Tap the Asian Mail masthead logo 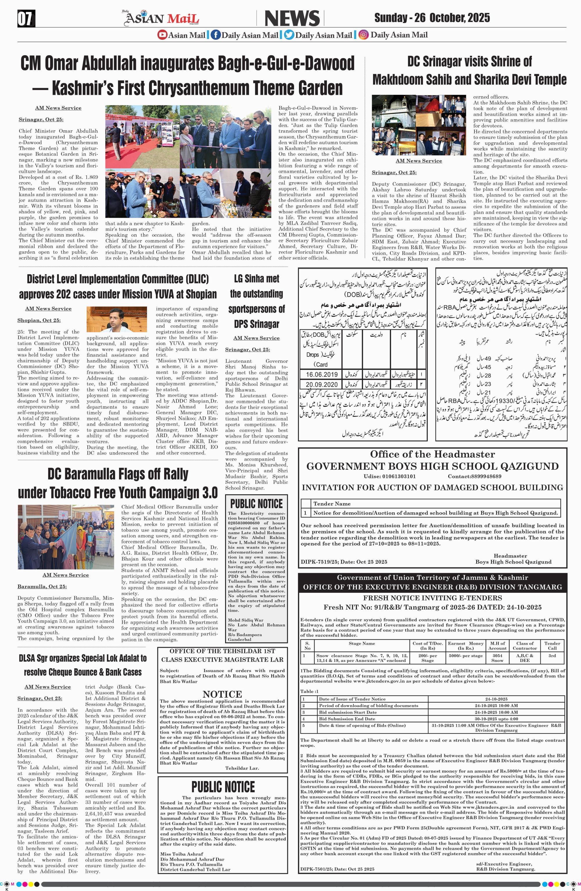pos(161,18)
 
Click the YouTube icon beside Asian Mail pos(162,35)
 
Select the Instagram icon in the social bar pos(363,35)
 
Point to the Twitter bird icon pos(289,35)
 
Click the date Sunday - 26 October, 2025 pos(432,18)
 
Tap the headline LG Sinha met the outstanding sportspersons pos(256,301)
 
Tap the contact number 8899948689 pos(474,476)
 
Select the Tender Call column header pos(552,645)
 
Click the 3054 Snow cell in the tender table pos(497,658)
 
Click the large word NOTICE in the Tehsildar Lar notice pos(222,694)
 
